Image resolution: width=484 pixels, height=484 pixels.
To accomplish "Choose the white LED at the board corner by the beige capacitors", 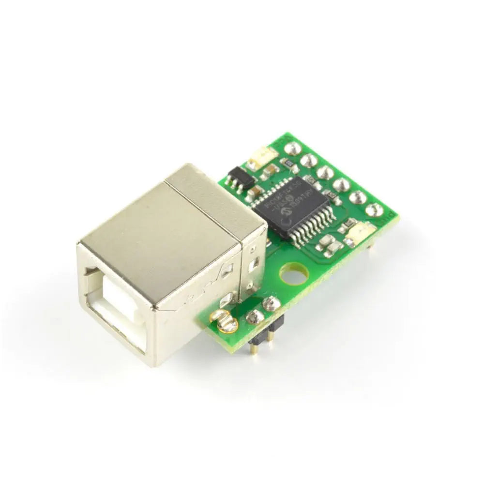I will pyautogui.click(x=358, y=234).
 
